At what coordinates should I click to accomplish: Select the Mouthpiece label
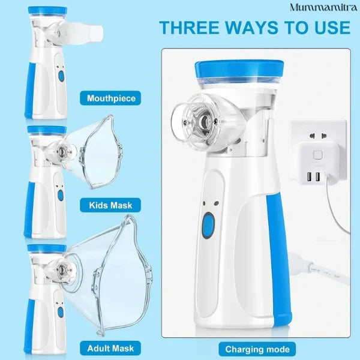(111, 98)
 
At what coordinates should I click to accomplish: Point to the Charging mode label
(257, 349)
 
